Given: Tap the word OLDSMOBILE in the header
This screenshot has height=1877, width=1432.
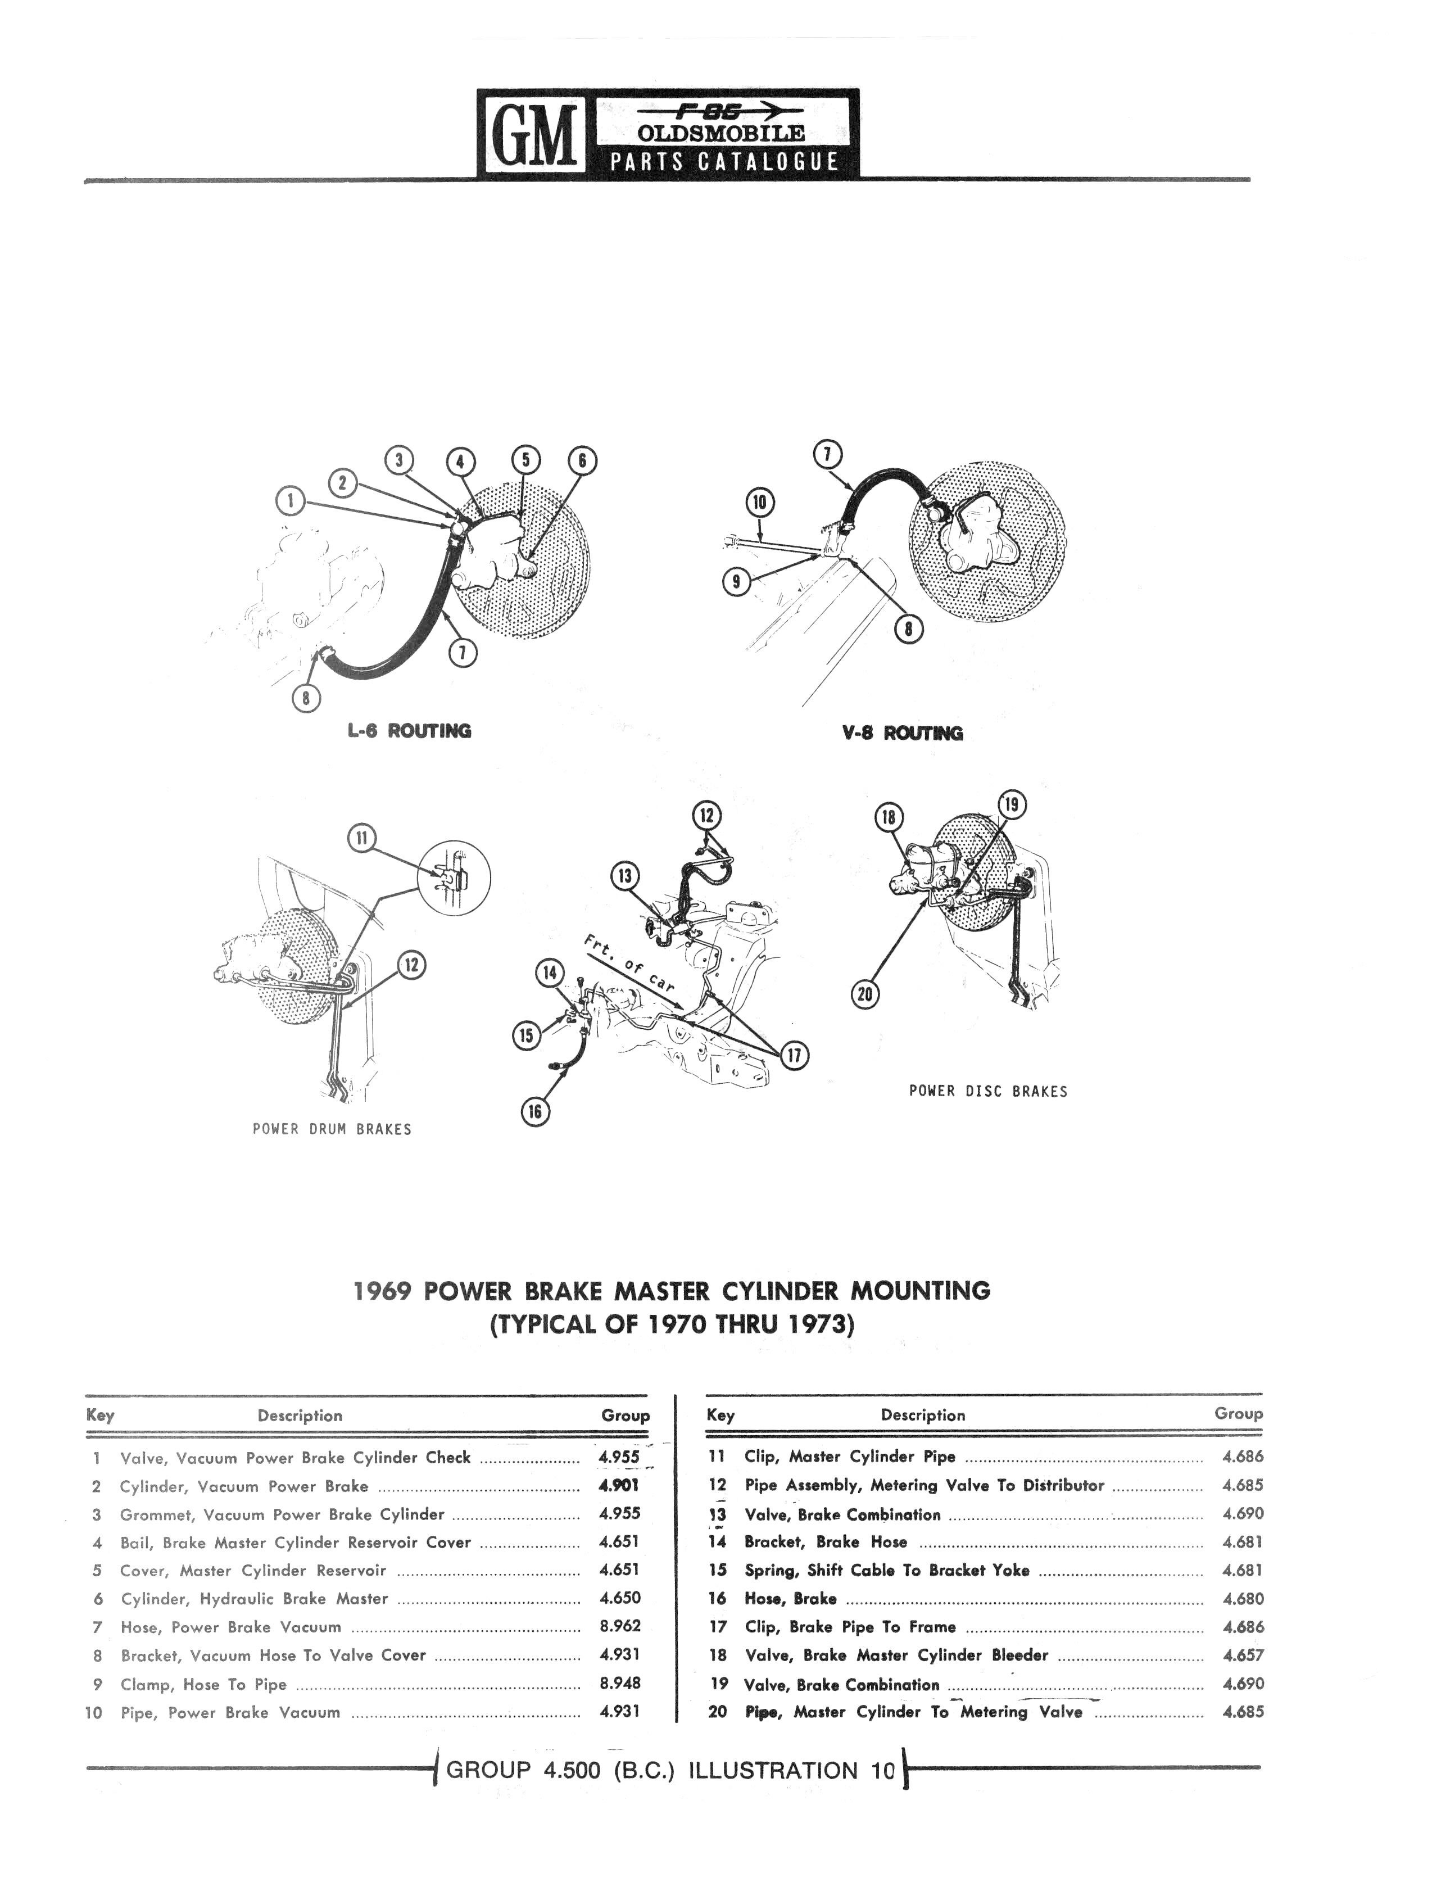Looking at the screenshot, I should point(721,134).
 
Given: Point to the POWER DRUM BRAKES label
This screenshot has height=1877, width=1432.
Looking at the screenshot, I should point(332,1129).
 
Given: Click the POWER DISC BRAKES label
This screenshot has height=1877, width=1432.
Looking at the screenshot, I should point(988,1091).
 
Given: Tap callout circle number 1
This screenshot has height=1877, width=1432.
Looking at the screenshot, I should point(290,500).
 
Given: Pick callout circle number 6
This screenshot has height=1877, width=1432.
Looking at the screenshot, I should point(582,461).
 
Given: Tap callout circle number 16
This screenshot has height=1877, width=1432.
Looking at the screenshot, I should point(535,1111).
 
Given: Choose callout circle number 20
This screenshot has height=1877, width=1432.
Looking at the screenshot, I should point(865,994).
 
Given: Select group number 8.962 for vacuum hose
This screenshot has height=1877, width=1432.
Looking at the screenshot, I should point(620,1626).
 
